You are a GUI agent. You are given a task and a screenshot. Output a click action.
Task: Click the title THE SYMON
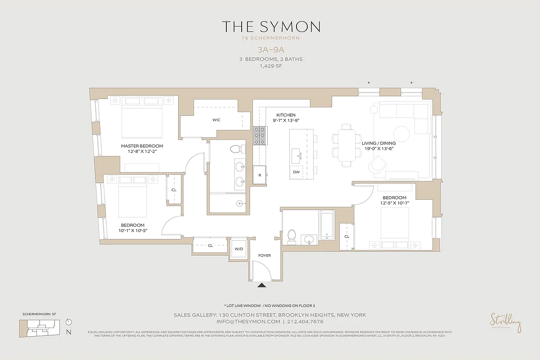click(x=270, y=27)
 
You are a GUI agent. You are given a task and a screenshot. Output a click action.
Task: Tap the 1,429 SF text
click(x=270, y=66)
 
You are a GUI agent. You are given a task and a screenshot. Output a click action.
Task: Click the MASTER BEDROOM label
click(x=142, y=146)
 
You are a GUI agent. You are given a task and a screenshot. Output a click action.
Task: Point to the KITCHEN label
click(x=286, y=115)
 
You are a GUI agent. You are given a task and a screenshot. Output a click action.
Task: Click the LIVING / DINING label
click(x=378, y=143)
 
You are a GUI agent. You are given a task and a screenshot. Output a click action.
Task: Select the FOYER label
click(x=264, y=256)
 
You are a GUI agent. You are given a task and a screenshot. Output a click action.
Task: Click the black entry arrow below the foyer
click(x=262, y=284)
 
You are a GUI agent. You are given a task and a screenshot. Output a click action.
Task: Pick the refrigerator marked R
click(x=260, y=175)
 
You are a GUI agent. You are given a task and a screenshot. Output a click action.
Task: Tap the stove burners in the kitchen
click(x=260, y=135)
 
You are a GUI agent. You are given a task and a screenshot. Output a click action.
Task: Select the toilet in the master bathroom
click(x=236, y=148)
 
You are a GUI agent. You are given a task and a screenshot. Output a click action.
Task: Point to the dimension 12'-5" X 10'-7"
click(x=395, y=203)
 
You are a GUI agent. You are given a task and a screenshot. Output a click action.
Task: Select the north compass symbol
click(x=68, y=322)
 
